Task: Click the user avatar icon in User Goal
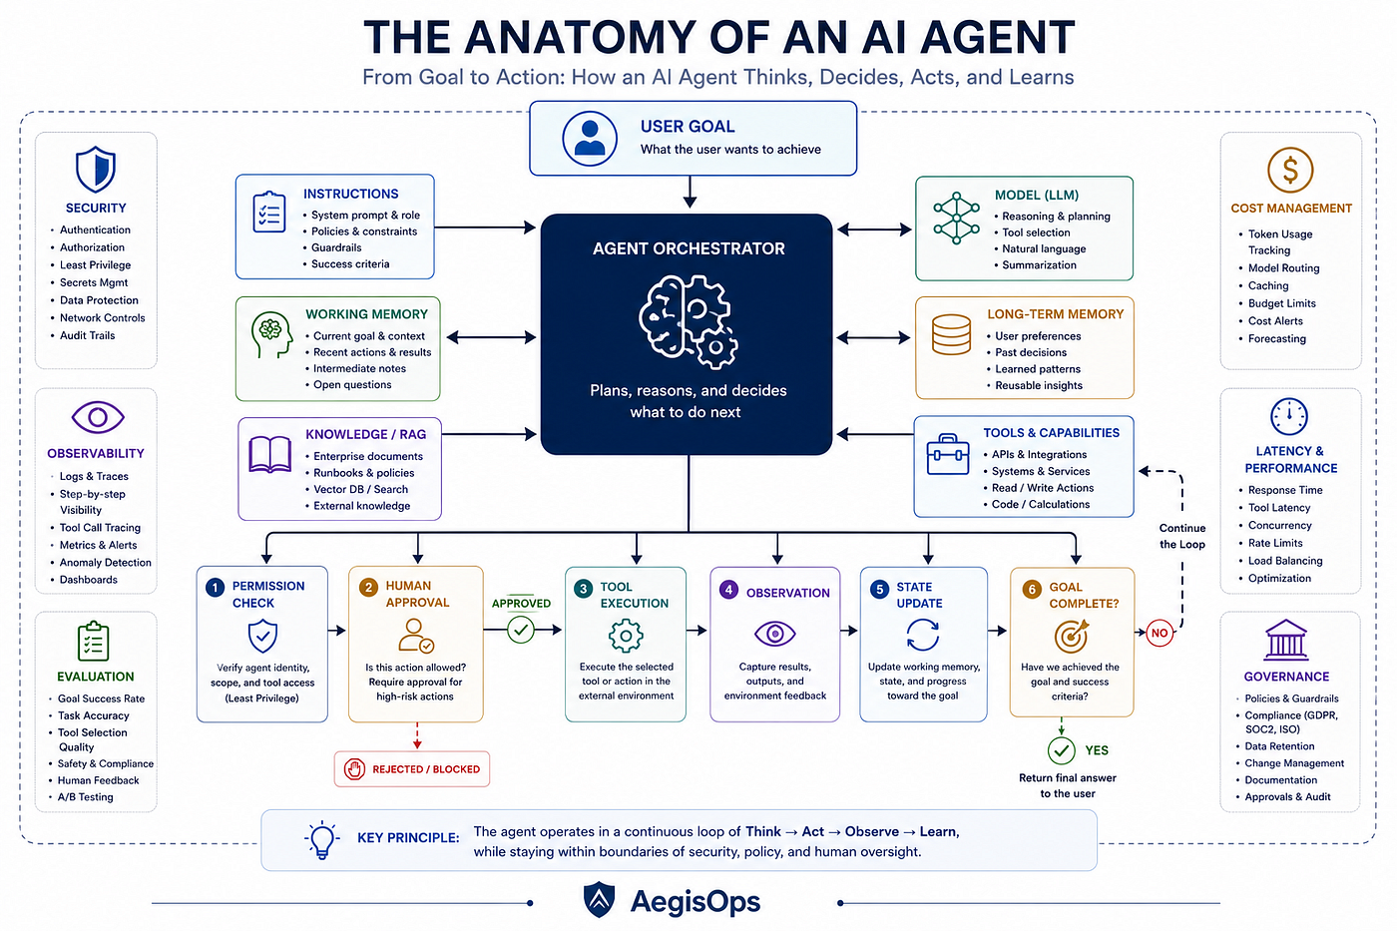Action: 590,139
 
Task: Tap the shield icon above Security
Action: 96,169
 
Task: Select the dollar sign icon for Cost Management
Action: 1289,170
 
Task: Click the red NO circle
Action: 1160,633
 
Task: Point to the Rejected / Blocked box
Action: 411,769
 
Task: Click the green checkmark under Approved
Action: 521,630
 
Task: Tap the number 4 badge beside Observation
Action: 728,590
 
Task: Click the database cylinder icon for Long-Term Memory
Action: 951,335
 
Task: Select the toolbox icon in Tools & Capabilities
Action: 948,455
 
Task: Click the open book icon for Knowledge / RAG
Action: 270,454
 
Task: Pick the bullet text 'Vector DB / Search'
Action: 360,490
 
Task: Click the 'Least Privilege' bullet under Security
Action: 95,265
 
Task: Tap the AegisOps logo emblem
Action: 599,900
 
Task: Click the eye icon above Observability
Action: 98,417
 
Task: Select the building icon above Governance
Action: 1285,640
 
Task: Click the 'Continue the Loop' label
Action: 1181,536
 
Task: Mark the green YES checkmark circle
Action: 1061,750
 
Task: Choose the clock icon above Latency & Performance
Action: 1288,416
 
